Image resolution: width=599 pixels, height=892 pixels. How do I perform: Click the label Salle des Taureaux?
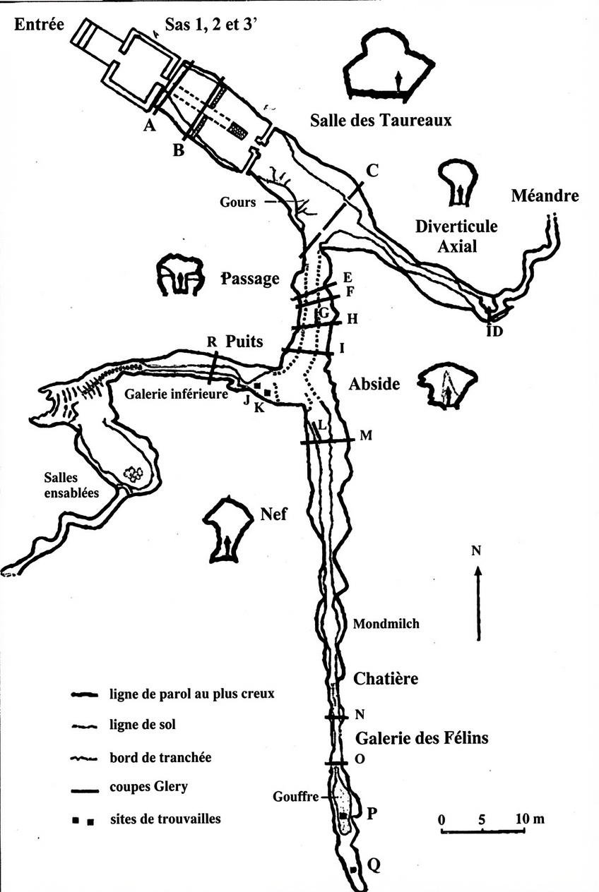coord(381,121)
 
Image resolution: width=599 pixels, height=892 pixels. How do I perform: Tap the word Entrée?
coord(40,25)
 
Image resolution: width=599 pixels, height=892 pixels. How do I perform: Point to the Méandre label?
coord(545,195)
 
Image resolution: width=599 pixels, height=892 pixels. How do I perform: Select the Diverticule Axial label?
coord(456,236)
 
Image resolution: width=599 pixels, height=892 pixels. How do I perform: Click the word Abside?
coord(375,384)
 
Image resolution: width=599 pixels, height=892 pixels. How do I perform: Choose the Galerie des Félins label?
coord(422,739)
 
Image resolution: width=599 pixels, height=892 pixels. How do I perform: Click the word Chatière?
coord(386,679)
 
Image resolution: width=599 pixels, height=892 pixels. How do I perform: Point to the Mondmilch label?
coord(386,624)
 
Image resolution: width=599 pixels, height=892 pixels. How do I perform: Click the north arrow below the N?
coord(478,600)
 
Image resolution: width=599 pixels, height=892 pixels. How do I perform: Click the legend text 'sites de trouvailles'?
coord(165,819)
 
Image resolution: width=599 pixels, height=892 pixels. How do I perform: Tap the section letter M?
coord(365,435)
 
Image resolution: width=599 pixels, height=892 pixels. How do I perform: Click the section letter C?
coord(373,169)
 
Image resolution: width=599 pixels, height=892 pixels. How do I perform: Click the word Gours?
coord(238,203)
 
